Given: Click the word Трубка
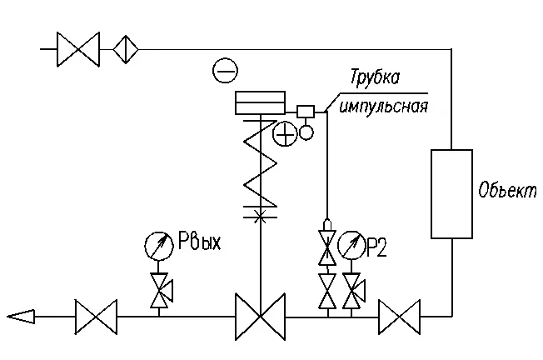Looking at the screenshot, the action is pos(375,78).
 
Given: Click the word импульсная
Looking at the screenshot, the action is pos(384,106).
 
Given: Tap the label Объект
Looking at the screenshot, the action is pos(507,190).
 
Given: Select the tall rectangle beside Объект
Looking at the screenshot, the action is pos(451,194).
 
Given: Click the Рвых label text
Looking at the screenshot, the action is pos(199,241).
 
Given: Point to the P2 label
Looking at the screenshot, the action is pos(376,247).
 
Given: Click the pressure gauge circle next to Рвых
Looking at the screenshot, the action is pos(158,246).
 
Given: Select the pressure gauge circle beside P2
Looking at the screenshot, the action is pos(351,245).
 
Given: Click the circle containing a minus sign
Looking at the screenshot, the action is pos(225,70).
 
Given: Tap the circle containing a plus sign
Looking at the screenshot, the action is pos(286,134).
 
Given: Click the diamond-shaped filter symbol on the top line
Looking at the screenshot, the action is pos(126,49).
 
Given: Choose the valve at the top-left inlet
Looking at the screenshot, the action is pos(78,49).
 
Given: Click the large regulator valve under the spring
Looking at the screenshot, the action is pos(261,317).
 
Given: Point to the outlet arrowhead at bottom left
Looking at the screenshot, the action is pos(21,317).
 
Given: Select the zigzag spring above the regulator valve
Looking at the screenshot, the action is pos(261,162).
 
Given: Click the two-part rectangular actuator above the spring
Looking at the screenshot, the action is pos(260,102).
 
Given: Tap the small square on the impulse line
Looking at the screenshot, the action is pos(306,112).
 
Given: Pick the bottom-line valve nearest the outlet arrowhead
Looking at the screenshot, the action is pos(97,317).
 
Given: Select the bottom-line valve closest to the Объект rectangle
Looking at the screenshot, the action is pos(399,317).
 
